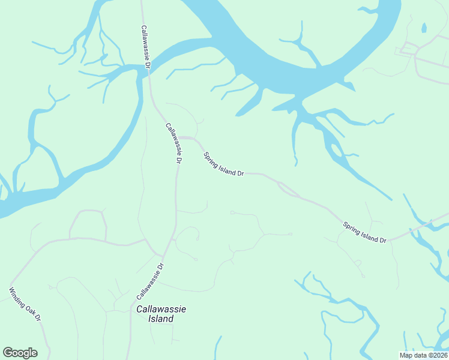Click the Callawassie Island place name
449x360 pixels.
tap(161, 314)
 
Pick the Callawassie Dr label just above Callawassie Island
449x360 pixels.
tap(150, 281)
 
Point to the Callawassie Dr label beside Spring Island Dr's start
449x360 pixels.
tap(173, 143)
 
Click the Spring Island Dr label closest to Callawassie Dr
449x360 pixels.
tap(223, 164)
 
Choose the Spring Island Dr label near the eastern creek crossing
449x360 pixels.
tap(364, 233)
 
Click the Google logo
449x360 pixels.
tap(20, 353)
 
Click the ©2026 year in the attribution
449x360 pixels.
tap(437, 355)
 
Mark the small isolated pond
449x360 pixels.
tap(424, 28)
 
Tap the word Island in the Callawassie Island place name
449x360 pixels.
tap(161, 319)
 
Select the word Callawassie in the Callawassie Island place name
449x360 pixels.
tap(161, 309)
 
